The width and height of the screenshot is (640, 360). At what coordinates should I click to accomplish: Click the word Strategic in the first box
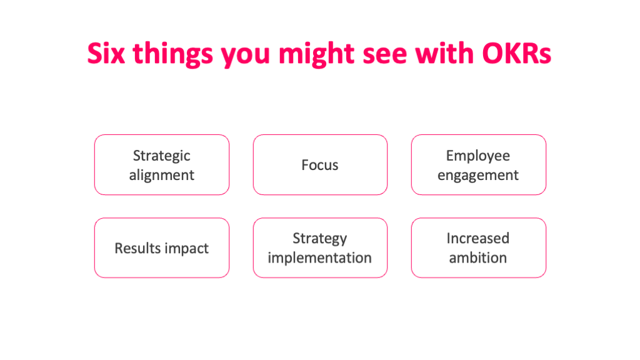tap(162, 156)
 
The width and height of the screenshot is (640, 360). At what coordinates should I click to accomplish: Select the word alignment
tap(162, 176)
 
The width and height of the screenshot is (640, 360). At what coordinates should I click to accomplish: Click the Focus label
tap(320, 165)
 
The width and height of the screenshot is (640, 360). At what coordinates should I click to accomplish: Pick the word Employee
tap(478, 156)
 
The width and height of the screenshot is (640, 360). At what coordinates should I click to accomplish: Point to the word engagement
tap(478, 176)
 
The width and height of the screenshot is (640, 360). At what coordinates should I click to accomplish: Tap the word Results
tap(136, 248)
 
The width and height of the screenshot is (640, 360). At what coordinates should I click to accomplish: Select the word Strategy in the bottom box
tap(320, 238)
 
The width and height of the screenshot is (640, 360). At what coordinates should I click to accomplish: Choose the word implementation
tap(320, 257)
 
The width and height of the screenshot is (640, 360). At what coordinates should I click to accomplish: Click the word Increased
tap(478, 238)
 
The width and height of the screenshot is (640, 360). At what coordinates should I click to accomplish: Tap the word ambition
tap(478, 257)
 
